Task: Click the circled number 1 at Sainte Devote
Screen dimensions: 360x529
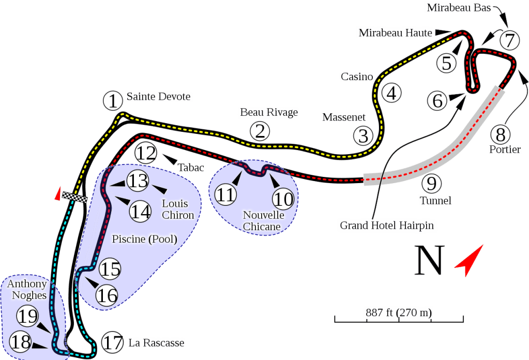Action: (x=112, y=101)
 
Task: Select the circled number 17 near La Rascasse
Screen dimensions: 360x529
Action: (x=112, y=342)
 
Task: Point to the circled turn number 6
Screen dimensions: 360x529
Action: (x=437, y=101)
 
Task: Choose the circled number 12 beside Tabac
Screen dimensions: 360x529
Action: (x=145, y=154)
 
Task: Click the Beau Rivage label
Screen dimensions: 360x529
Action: (x=269, y=112)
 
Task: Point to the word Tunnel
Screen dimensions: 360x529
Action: (x=435, y=200)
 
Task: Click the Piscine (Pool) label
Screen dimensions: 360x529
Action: (x=144, y=239)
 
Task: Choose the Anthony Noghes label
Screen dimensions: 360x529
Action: (x=27, y=290)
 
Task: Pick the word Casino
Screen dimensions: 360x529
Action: (x=356, y=77)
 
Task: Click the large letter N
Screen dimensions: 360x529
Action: (x=430, y=261)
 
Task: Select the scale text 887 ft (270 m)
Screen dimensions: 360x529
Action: (x=399, y=312)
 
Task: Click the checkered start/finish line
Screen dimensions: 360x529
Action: (x=73, y=196)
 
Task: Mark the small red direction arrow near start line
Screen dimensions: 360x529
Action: (x=57, y=194)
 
